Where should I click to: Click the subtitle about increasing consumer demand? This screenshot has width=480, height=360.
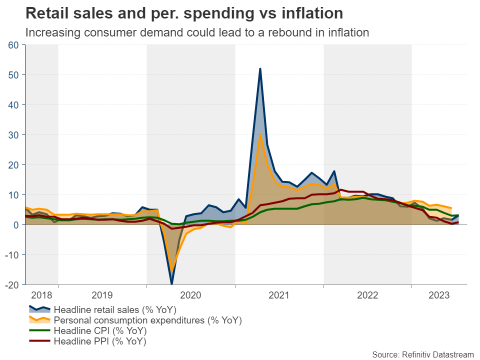(x=197, y=33)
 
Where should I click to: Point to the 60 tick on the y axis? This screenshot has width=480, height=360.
(x=13, y=45)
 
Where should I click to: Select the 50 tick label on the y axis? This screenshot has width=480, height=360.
(x=13, y=75)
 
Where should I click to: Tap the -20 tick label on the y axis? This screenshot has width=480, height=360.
(x=12, y=285)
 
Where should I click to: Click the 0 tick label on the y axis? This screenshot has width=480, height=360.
(x=15, y=225)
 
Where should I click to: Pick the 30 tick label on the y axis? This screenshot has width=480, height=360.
(x=13, y=135)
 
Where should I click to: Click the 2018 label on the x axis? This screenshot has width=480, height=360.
(x=41, y=295)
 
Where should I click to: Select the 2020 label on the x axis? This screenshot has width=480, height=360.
(x=190, y=295)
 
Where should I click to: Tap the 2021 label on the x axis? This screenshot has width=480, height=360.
(x=279, y=295)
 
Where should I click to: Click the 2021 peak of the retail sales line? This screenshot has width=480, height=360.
(x=260, y=69)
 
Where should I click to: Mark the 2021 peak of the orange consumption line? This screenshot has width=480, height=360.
(x=260, y=134)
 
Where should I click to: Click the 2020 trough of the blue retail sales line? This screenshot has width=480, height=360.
(x=172, y=283)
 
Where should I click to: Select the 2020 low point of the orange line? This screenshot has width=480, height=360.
(x=172, y=270)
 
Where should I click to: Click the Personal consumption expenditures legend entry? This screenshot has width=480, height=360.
(x=147, y=320)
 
